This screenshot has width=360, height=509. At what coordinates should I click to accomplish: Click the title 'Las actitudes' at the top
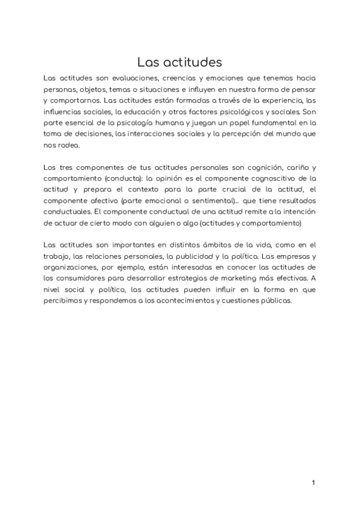180,62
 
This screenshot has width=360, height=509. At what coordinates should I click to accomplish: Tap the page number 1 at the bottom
313,482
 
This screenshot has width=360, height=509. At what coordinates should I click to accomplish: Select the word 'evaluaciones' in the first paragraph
137,79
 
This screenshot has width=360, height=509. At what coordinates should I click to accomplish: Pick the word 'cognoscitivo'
258,178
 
